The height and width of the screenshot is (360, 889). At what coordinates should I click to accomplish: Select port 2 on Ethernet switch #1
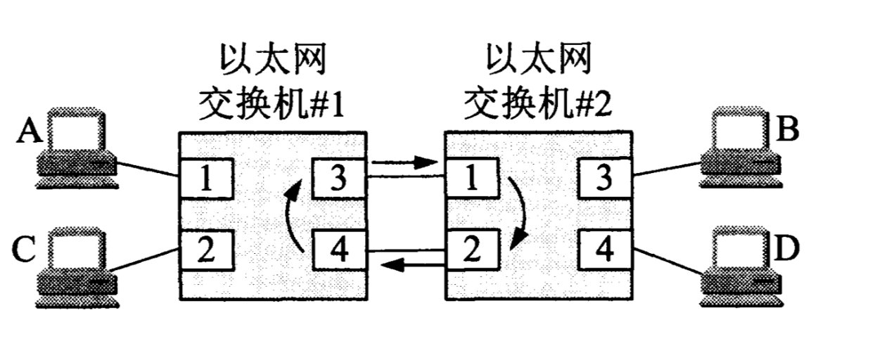coord(205,251)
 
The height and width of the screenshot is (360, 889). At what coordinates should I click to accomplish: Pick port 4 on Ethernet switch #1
coord(338,251)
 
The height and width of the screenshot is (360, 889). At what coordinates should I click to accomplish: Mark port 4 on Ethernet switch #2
coord(603,251)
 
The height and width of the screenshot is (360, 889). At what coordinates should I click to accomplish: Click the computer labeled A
coord(77,148)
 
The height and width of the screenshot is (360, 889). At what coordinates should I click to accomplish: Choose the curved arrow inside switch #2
coord(520,214)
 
